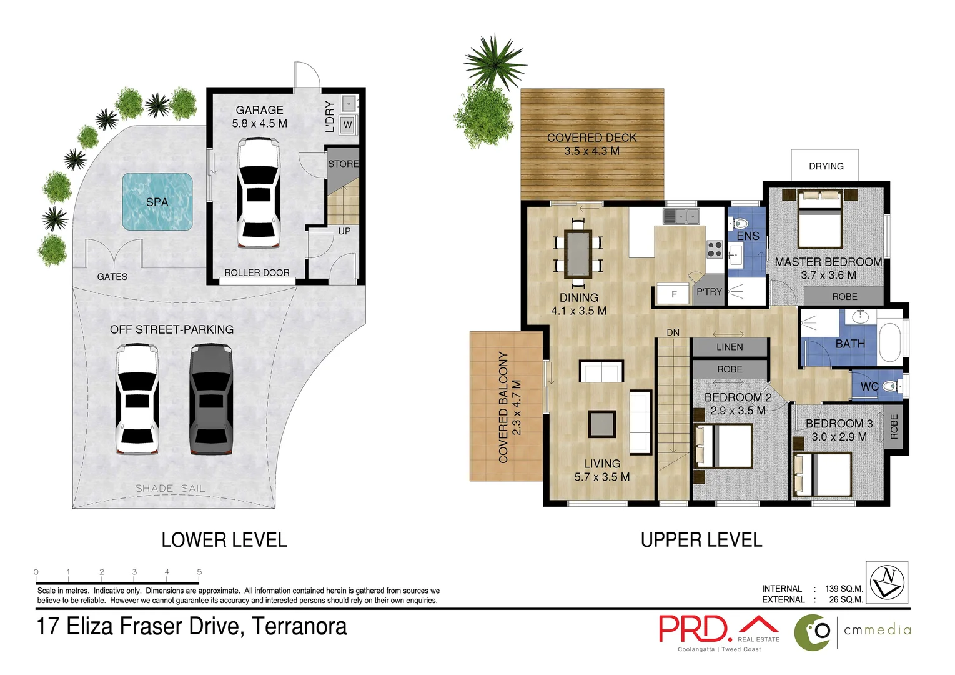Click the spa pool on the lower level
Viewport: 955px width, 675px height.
click(x=157, y=201)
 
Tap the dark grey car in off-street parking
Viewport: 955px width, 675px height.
click(x=210, y=399)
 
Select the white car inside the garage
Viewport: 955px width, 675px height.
click(x=259, y=192)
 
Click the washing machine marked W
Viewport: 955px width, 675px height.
click(x=348, y=125)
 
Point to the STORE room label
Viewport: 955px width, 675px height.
click(x=343, y=164)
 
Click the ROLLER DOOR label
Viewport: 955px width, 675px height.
click(x=257, y=272)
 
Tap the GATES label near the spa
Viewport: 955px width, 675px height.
click(x=112, y=277)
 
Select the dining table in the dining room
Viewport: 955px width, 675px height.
click(x=578, y=254)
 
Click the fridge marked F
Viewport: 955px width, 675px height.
click(x=673, y=294)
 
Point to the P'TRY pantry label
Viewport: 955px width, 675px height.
click(x=709, y=292)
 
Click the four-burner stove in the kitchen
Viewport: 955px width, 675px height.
click(x=715, y=249)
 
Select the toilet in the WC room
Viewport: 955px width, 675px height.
click(x=891, y=387)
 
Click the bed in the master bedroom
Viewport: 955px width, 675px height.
click(x=820, y=219)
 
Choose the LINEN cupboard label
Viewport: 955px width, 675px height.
click(x=730, y=347)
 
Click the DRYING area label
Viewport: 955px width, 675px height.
click(x=826, y=166)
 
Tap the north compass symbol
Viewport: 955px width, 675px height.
click(x=887, y=582)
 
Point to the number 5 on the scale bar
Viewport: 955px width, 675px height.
click(x=199, y=572)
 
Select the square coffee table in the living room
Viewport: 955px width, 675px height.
click(x=602, y=424)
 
